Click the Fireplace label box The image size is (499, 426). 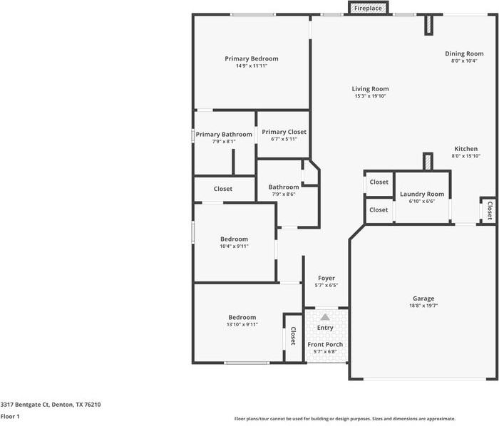pos(369,8)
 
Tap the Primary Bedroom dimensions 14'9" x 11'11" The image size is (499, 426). pos(252,66)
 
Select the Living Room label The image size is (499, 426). pos(370,89)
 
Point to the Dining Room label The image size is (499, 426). pos(464,53)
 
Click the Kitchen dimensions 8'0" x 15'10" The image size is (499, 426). pos(466,156)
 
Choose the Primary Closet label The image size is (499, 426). pos(284,132)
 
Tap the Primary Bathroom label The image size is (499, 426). pos(224,135)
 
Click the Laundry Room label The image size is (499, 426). pos(422,194)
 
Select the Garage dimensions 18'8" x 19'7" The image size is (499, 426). pos(423,306)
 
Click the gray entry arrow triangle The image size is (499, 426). pos(325,317)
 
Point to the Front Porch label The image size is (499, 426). pos(325,345)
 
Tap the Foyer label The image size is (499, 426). pos(326,279)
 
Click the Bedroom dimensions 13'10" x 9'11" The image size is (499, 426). pos(242,325)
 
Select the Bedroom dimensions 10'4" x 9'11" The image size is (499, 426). pos(234,246)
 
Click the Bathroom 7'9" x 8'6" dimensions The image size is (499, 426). pos(284,194)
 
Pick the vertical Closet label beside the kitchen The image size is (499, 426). pos(490,210)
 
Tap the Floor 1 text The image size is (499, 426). pos(10,417)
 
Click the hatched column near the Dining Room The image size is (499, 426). pos(428,25)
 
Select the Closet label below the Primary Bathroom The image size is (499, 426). pos(222,189)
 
